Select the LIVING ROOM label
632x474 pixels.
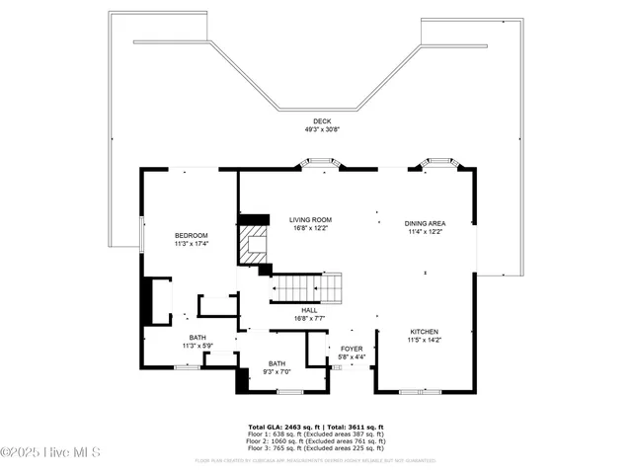310,219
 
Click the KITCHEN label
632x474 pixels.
425,332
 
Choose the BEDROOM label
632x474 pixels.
192,235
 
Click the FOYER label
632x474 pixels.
352,349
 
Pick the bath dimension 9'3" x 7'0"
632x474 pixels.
276,371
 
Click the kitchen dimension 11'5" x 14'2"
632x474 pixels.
425,340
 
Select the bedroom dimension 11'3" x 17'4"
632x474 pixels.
192,243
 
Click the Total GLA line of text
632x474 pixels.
316,428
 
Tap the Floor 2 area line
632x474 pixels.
316,441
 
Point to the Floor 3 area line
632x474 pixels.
316,448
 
